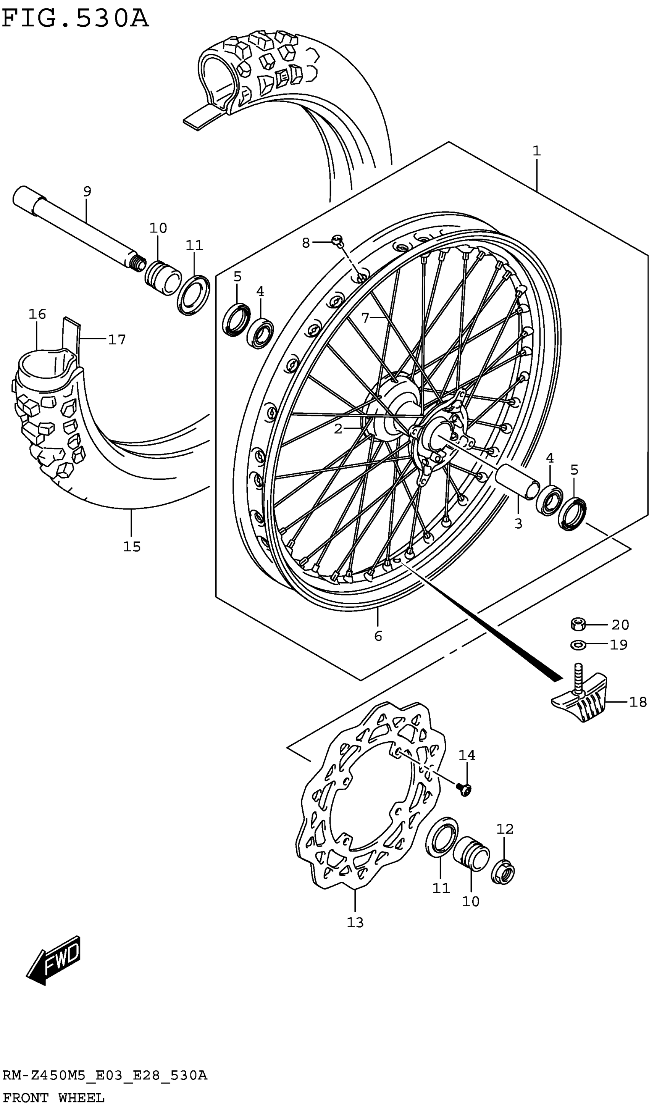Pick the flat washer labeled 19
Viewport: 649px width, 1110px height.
point(578,645)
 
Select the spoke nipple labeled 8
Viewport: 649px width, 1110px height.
point(338,240)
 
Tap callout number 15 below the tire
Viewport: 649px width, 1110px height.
point(132,547)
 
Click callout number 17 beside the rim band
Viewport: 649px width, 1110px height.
point(117,340)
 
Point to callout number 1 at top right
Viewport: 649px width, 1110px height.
point(536,151)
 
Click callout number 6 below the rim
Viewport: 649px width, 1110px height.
point(378,636)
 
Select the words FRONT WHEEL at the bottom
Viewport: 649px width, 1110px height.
point(53,1098)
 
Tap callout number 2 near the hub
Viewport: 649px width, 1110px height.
point(338,429)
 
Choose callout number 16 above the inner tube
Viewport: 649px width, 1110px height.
point(37,314)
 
